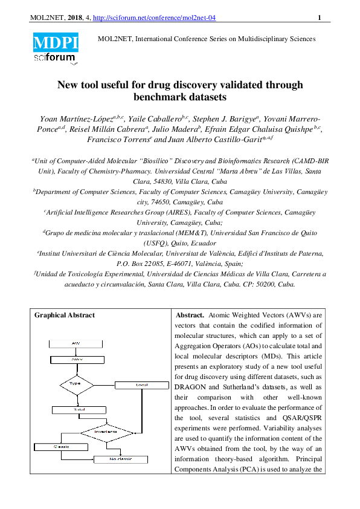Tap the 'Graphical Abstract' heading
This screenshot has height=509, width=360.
point(64,316)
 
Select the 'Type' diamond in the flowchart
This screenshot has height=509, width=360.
point(76,384)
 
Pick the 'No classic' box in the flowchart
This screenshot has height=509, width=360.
point(120,459)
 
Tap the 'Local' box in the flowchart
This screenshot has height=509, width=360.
point(143,384)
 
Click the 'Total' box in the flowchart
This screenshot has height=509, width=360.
point(79,409)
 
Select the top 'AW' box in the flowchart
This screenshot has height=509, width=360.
point(76,343)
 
